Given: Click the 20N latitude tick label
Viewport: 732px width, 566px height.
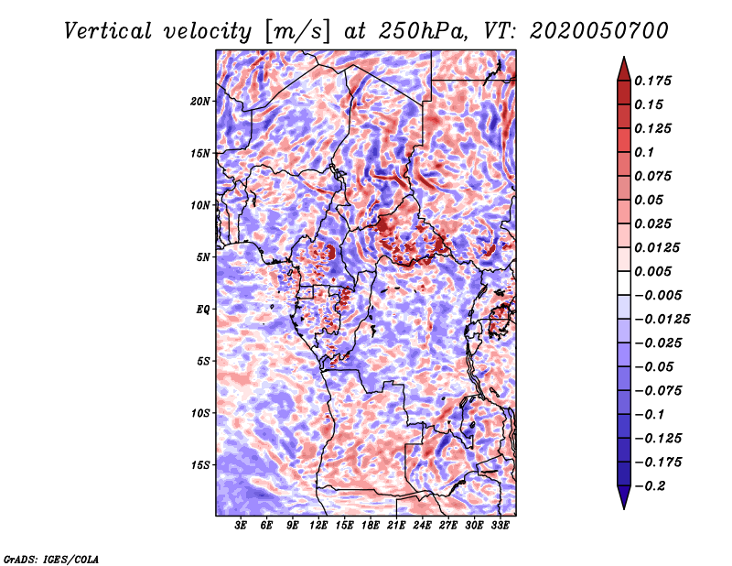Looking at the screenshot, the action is [200, 102].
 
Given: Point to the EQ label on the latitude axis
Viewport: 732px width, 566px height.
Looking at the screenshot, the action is [202, 310].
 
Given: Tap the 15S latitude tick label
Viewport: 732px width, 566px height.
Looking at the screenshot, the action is [200, 465].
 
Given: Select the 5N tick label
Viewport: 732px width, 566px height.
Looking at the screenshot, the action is [203, 257].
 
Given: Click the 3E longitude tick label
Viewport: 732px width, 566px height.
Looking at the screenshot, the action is [241, 526].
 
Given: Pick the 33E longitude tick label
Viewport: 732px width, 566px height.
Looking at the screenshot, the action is [500, 526].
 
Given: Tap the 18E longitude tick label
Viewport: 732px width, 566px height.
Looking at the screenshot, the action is [371, 526].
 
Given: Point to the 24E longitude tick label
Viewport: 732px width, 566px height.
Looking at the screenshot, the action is [422, 526].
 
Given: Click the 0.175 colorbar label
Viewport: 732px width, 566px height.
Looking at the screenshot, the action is [652, 81].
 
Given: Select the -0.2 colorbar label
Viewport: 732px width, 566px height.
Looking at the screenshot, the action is [650, 486].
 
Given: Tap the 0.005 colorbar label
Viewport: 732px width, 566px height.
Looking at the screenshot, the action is [652, 271].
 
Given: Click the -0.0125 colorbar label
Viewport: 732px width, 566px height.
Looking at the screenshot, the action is [662, 320].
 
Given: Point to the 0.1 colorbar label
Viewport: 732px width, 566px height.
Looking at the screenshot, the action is [644, 152].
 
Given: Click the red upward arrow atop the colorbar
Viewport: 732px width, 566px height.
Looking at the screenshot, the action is [624, 69].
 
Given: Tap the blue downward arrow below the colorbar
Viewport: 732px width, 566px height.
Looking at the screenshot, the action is [624, 497].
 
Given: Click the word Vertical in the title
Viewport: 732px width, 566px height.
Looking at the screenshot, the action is [108, 31].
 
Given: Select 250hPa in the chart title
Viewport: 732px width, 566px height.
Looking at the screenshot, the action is [424, 31].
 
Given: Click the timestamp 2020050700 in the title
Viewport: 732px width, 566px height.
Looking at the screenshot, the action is [599, 31].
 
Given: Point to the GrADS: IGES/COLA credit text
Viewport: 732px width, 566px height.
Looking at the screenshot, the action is [51, 559].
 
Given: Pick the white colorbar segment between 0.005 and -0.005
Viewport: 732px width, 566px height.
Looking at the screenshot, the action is [624, 283].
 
